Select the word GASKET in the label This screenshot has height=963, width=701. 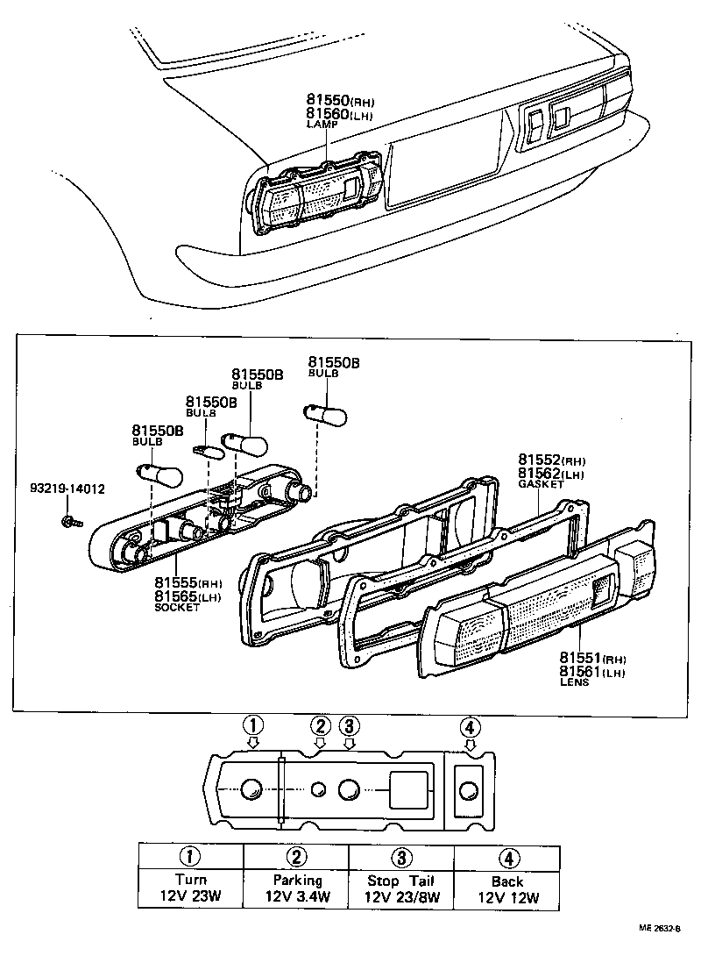(x=540, y=484)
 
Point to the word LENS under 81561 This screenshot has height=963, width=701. (x=577, y=681)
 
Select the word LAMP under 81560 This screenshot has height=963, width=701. (x=322, y=125)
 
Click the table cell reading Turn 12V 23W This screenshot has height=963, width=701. (x=190, y=888)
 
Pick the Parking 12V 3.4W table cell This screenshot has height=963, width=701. (x=296, y=888)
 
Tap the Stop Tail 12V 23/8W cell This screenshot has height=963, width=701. (x=401, y=888)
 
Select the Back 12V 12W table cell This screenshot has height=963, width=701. (x=507, y=888)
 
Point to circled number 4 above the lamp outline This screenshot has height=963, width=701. (x=470, y=726)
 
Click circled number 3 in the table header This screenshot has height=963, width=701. (x=401, y=857)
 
